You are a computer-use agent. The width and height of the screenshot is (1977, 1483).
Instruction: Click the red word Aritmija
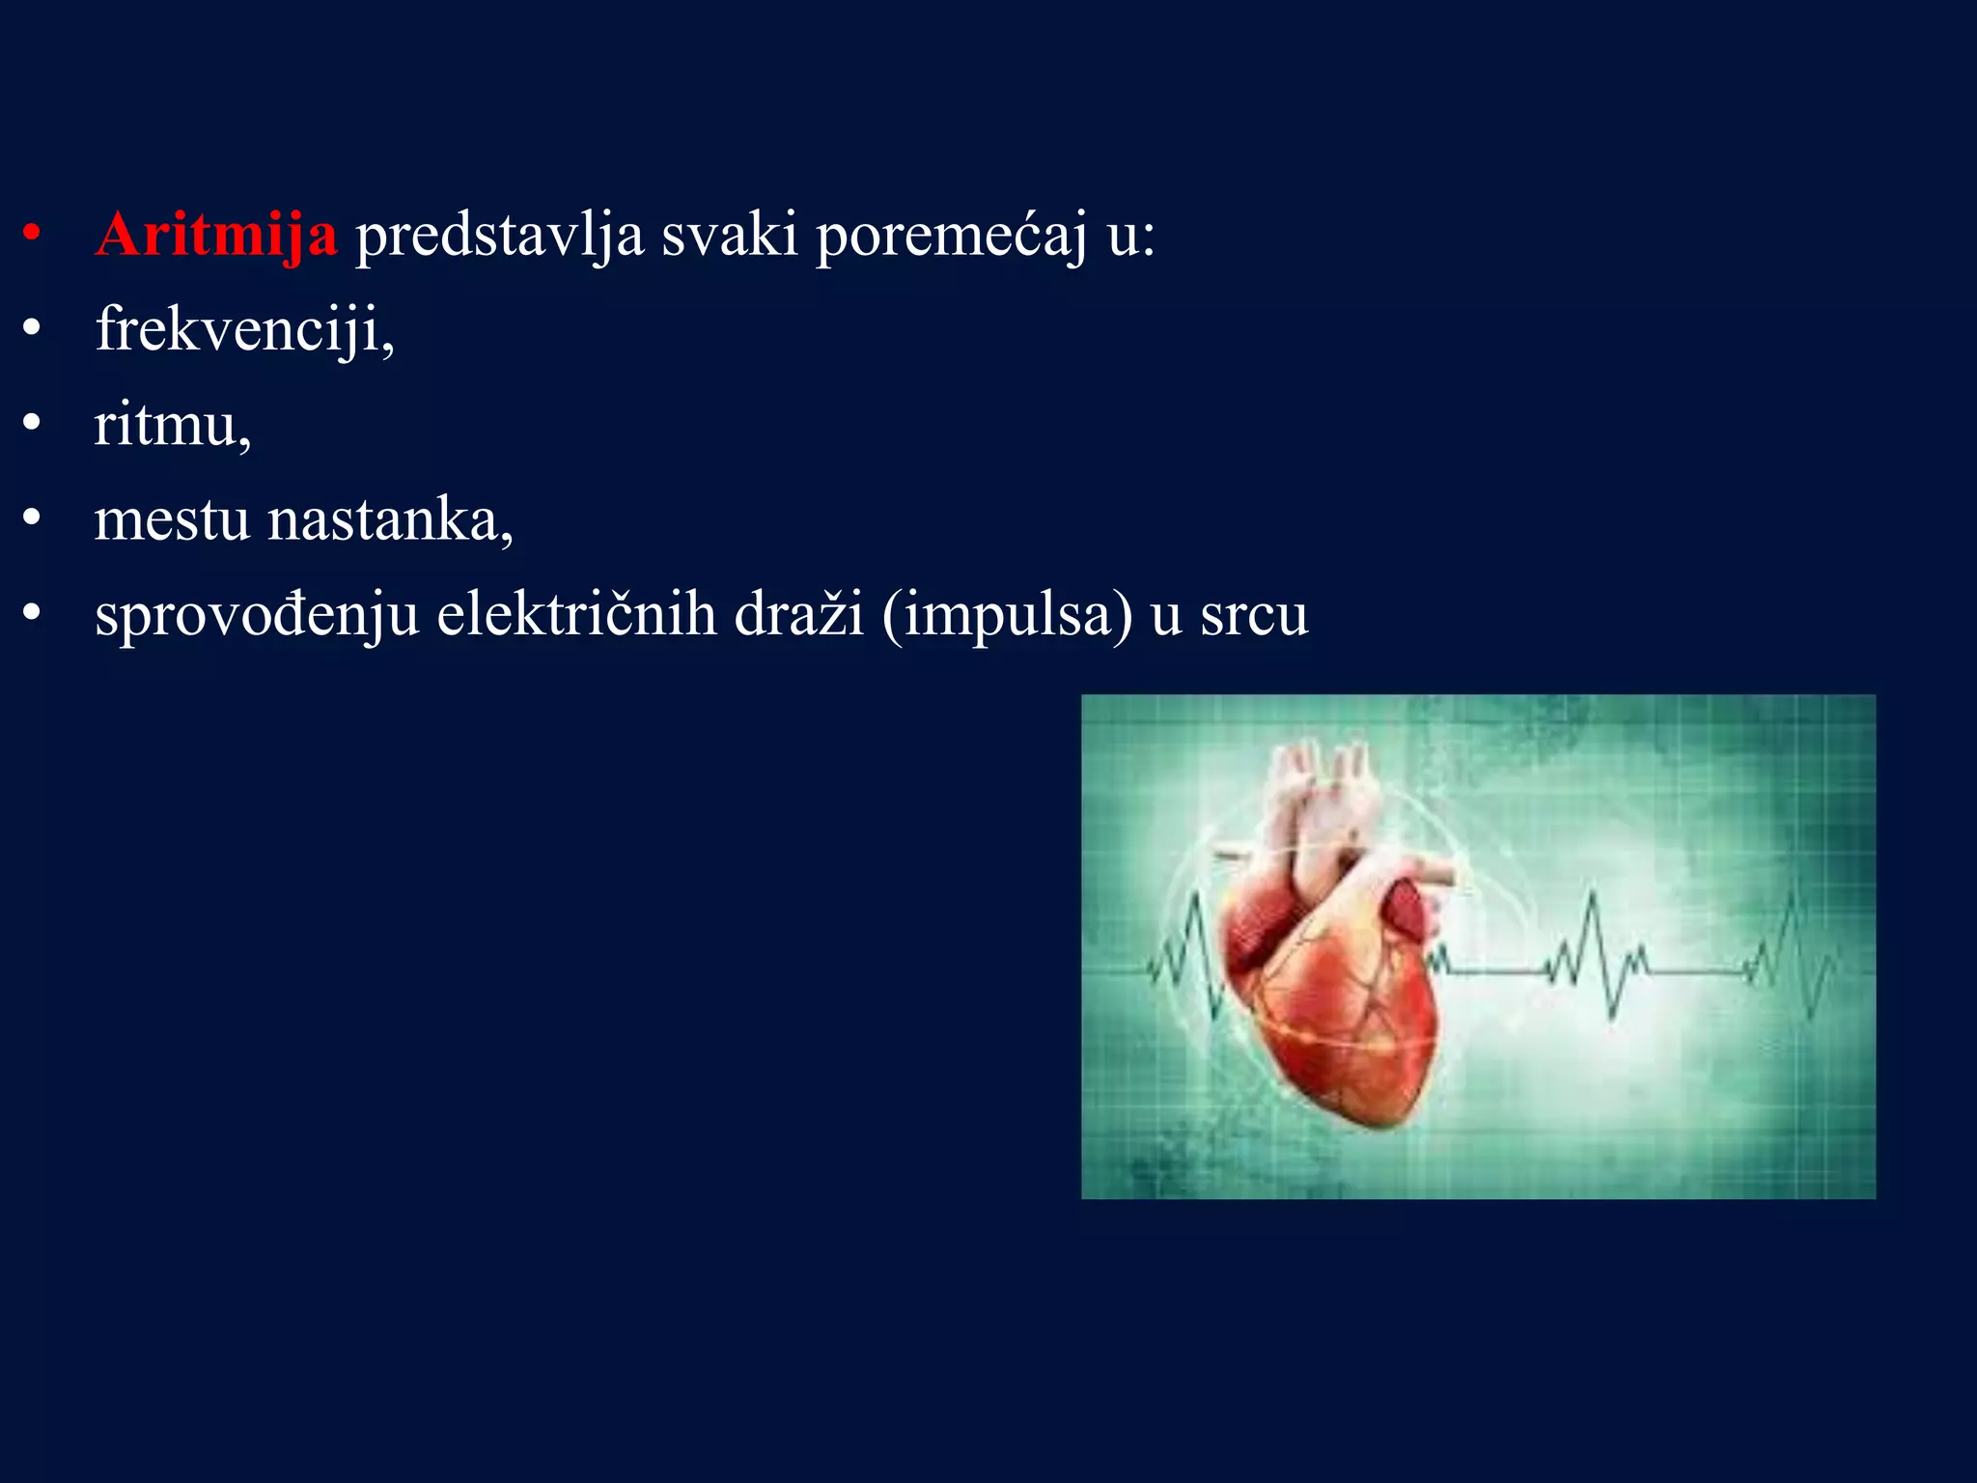(216, 235)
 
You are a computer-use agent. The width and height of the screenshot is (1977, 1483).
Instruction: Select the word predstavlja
(499, 235)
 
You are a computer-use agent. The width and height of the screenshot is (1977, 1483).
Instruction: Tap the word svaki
(729, 235)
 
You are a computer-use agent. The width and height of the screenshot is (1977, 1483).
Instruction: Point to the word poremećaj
(951, 235)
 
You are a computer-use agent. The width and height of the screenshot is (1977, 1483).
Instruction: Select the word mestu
(172, 519)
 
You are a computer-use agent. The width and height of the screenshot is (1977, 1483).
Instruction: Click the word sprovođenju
(257, 614)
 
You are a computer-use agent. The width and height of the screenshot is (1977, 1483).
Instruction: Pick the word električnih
(576, 614)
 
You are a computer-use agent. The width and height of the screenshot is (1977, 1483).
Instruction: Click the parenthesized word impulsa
(1007, 614)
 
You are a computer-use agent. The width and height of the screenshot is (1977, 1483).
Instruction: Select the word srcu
(1254, 614)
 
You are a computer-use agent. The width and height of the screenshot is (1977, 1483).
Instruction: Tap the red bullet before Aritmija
(33, 235)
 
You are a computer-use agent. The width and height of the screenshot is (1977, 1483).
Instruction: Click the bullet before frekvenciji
(33, 329)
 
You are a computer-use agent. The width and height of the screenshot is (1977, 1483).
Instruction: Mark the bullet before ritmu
(33, 424)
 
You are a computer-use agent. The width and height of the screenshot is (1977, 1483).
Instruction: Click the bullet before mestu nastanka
(33, 519)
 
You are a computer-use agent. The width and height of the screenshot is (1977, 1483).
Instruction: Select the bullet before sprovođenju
(33, 614)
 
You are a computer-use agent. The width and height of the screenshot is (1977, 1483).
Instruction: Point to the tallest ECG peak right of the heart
(1592, 898)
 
